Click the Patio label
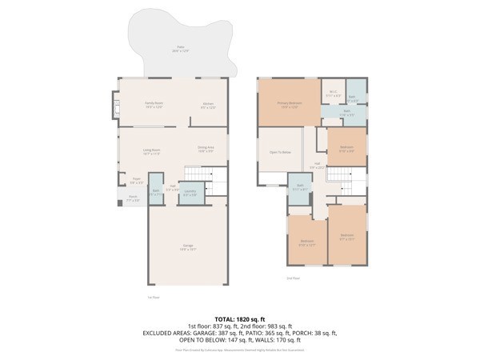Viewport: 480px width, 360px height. [x=180, y=49]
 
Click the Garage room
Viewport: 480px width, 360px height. [x=189, y=248]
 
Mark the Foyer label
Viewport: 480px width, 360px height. [x=136, y=182]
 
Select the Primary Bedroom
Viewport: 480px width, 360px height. [x=288, y=104]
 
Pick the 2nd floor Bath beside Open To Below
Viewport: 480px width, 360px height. [x=298, y=189]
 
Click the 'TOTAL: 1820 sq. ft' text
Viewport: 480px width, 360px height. [x=239, y=318]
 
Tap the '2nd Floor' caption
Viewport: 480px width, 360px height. [x=293, y=278]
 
